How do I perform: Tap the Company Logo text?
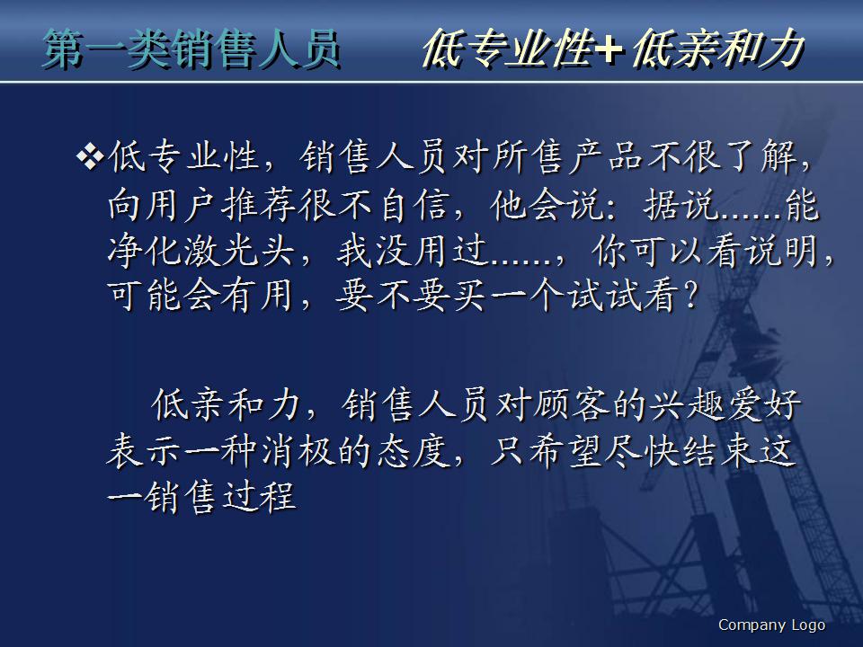771,625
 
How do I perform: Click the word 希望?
552,450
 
